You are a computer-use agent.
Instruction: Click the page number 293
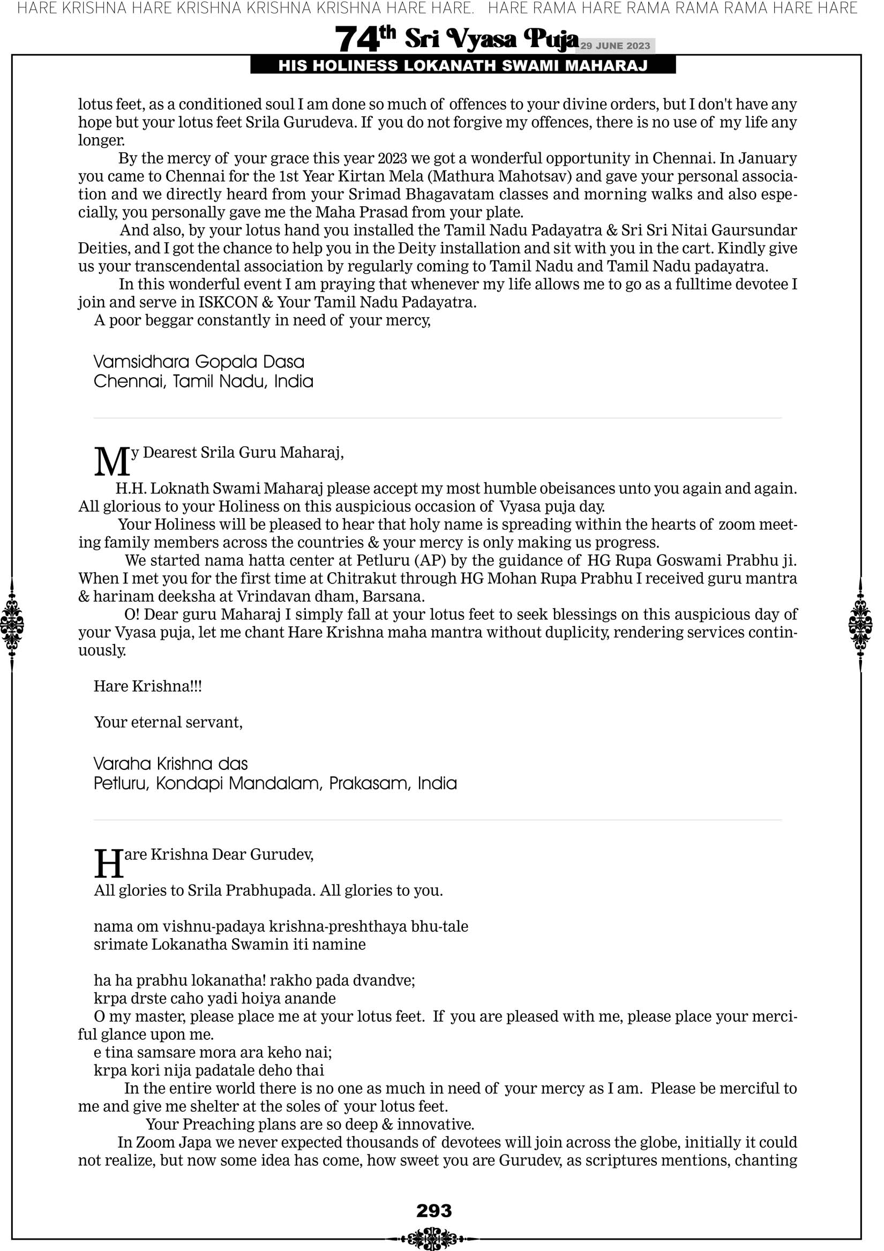pyautogui.click(x=434, y=1210)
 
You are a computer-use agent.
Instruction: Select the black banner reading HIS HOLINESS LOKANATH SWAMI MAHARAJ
pyautogui.click(x=463, y=66)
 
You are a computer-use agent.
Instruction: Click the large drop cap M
pyautogui.click(x=112, y=461)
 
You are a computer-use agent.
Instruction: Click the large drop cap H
pyautogui.click(x=109, y=864)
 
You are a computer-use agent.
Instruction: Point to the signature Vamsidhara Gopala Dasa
pyautogui.click(x=199, y=362)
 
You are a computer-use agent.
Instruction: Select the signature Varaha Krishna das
pyautogui.click(x=170, y=763)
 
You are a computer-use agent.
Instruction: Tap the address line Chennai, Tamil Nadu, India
pyautogui.click(x=203, y=381)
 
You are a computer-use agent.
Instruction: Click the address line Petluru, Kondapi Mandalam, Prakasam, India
pyautogui.click(x=275, y=783)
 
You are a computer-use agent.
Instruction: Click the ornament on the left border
pyautogui.click(x=12, y=624)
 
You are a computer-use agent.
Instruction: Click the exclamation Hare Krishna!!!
pyautogui.click(x=148, y=686)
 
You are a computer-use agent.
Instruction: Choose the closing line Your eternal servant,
pyautogui.click(x=168, y=723)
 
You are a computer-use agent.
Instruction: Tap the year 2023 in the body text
pyautogui.click(x=392, y=159)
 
